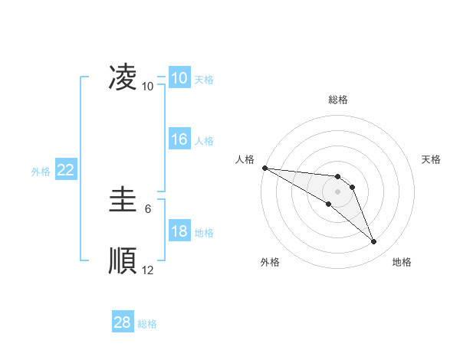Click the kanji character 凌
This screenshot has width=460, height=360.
tap(123, 77)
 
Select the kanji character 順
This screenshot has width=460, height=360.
tap(123, 260)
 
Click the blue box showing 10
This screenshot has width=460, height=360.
tap(179, 78)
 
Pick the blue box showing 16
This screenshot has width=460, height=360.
tap(179, 139)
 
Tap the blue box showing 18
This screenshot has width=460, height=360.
tap(179, 232)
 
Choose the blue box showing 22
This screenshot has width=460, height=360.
tap(65, 171)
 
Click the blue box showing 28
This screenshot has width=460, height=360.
tap(122, 322)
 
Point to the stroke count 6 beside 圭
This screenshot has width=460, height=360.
tap(147, 208)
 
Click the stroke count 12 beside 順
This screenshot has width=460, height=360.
tap(147, 270)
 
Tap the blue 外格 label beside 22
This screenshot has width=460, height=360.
tap(41, 172)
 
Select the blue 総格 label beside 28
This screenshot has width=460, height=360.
tap(147, 324)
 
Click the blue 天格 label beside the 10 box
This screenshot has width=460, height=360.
tap(204, 79)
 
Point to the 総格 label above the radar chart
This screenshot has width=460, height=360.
tap(338, 100)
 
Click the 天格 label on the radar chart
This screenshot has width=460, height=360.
tap(431, 159)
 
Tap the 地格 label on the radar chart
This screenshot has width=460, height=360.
tap(402, 262)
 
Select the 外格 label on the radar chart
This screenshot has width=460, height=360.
tap(270, 262)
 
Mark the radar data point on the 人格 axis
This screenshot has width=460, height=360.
tap(264, 168)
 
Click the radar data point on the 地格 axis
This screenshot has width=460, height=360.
tap(373, 242)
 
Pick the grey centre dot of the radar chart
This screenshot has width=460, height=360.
tap(338, 191)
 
